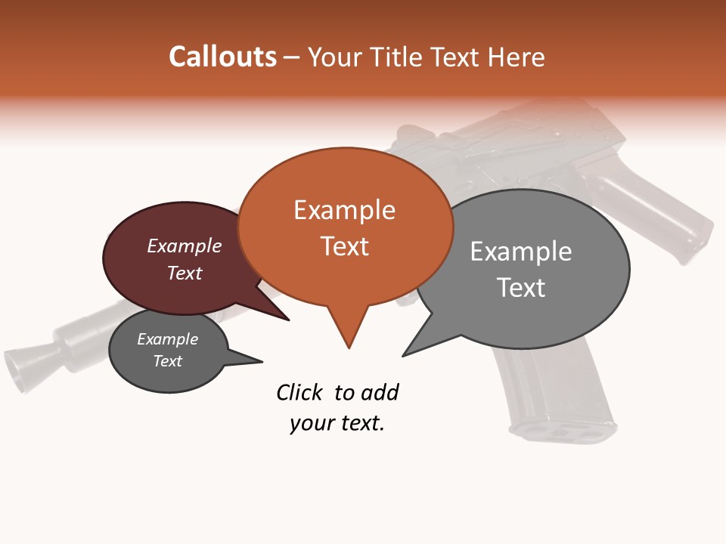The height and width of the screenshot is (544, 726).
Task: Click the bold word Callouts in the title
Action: coord(222,57)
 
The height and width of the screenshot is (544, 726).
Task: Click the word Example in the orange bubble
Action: coord(344,210)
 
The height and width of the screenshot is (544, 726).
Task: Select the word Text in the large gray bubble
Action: coord(521,288)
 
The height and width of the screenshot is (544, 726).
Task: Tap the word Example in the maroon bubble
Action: coord(185,246)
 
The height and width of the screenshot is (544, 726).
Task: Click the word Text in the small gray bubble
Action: coord(168,361)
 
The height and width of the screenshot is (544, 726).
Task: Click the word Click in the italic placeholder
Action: coord(299,392)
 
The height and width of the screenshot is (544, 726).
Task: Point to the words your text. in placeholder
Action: coord(337,423)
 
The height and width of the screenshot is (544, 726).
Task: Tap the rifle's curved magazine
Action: coord(556,393)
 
